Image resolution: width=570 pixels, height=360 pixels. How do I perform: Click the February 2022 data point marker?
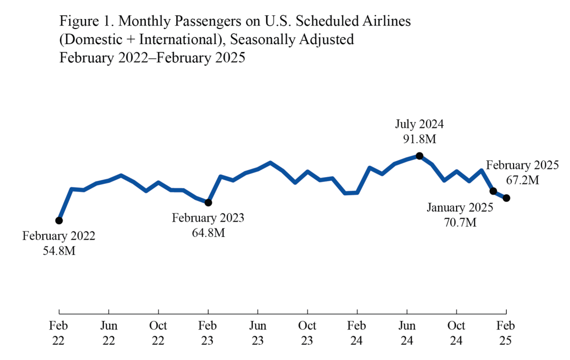pyautogui.click(x=59, y=220)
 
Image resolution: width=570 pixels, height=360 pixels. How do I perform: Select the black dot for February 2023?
pyautogui.click(x=208, y=202)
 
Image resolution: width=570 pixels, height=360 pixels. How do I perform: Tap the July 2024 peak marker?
pyautogui.click(x=420, y=155)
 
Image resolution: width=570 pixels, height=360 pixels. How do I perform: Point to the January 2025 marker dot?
pyautogui.click(x=493, y=191)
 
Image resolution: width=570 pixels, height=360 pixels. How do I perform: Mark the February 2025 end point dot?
pyautogui.click(x=507, y=198)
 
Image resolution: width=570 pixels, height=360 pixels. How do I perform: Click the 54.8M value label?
pyautogui.click(x=59, y=251)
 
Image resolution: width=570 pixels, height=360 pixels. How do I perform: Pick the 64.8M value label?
pyautogui.click(x=208, y=232)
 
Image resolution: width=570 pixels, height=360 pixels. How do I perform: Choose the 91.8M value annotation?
pyautogui.click(x=420, y=140)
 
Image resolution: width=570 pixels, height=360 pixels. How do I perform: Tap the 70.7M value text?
pyautogui.click(x=460, y=222)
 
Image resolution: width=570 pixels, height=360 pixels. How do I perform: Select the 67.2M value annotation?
pyautogui.click(x=522, y=180)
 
